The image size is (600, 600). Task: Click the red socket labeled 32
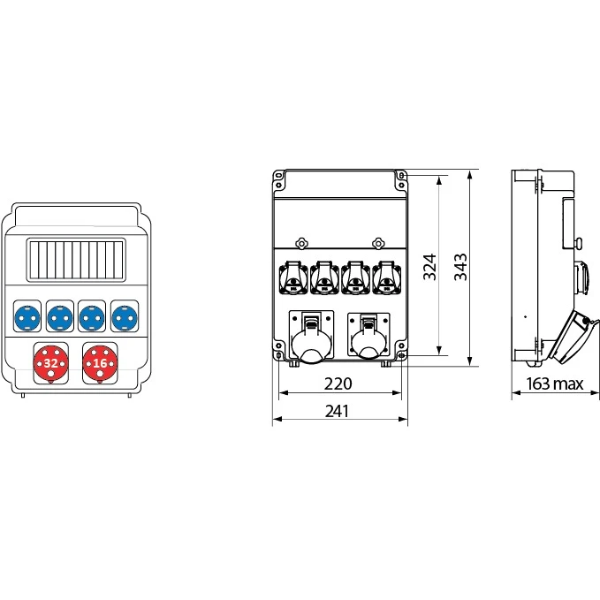pyautogui.click(x=51, y=363)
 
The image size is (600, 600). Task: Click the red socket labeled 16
pyautogui.click(x=100, y=363)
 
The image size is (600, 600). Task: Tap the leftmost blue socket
pyautogui.click(x=27, y=317)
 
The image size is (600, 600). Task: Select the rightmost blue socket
pyautogui.click(x=125, y=317)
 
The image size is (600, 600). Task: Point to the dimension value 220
pyautogui.click(x=338, y=384)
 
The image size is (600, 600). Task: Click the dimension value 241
pyautogui.click(x=338, y=412)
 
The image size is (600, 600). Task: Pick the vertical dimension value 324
pyautogui.click(x=429, y=267)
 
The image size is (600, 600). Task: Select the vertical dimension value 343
pyautogui.click(x=460, y=267)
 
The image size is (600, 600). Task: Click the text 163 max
pyautogui.click(x=554, y=384)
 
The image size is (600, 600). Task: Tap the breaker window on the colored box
pyautogui.click(x=76, y=260)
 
